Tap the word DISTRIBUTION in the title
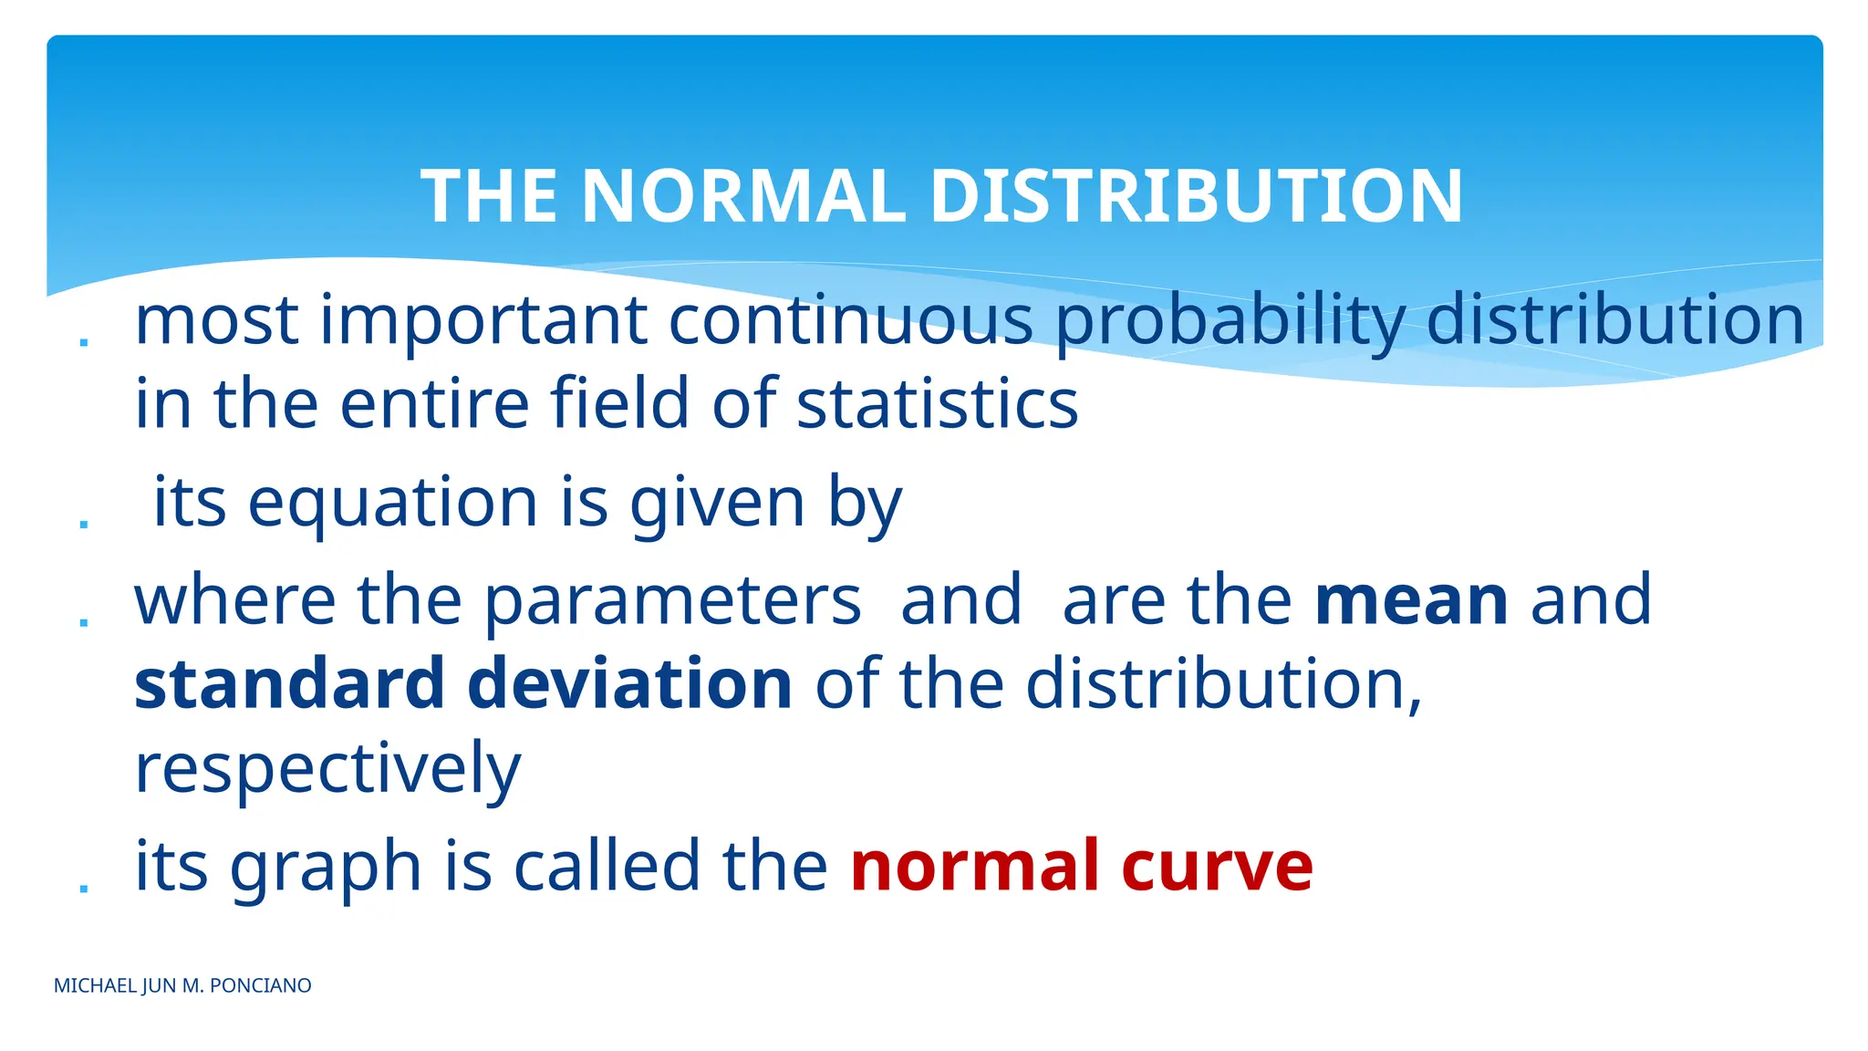click(1196, 196)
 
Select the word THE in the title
click(489, 196)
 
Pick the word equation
click(393, 503)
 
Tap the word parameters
click(672, 601)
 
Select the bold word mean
click(1412, 600)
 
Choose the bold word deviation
click(629, 683)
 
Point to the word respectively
click(327, 769)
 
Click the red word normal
click(974, 866)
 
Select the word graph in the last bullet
click(325, 868)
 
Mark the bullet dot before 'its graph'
click(84, 887)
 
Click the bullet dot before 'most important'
click(84, 342)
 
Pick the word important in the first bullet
click(483, 322)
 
